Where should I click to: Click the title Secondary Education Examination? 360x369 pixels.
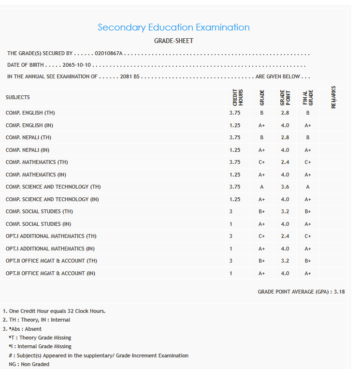point(173,28)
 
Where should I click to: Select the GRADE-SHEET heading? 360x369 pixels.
point(173,41)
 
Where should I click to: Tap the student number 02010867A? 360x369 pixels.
point(109,53)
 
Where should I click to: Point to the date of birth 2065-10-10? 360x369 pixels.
point(77,65)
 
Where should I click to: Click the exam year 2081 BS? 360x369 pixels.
point(130,76)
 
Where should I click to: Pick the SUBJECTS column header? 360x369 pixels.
point(18,97)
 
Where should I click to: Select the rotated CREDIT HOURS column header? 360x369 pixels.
point(237,97)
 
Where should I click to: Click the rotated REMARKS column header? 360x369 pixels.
point(333,97)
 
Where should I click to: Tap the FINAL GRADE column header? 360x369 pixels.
point(308,97)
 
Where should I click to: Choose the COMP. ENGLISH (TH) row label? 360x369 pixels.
point(30,113)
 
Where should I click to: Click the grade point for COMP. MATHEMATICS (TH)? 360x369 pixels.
point(285,162)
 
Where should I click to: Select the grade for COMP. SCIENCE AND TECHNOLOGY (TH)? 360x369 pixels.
point(262,187)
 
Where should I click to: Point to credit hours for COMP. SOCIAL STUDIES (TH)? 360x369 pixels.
point(231,211)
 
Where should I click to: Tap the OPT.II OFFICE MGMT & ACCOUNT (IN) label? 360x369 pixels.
point(51,273)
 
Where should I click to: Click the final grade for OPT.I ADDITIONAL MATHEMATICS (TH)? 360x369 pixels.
point(308,236)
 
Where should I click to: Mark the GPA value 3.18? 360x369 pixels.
point(339,292)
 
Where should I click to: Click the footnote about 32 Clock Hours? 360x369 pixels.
point(54,311)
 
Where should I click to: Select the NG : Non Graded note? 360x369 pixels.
point(29,364)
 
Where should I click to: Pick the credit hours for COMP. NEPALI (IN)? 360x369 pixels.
point(235,150)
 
